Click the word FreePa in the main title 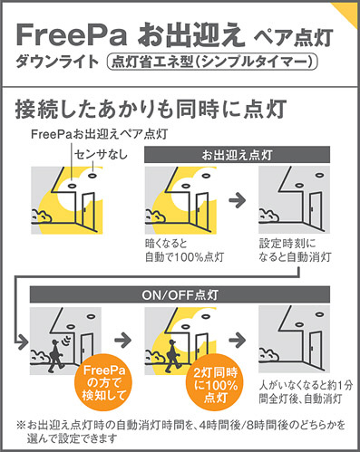71,35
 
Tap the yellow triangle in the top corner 348,11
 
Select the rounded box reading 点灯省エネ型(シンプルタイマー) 212,63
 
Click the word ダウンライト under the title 57,63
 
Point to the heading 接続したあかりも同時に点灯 151,109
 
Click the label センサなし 101,155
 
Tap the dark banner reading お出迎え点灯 237,155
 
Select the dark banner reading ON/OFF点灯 180,294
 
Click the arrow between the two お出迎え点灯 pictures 238,200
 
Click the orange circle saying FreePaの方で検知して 103,382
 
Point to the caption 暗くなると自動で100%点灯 184,250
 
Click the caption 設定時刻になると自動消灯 295,250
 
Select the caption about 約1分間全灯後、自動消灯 306,392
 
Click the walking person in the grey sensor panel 54,356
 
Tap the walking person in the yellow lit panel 172,356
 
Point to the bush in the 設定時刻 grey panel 269,215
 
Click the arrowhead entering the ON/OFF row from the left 23,341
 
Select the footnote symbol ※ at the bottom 21,426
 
